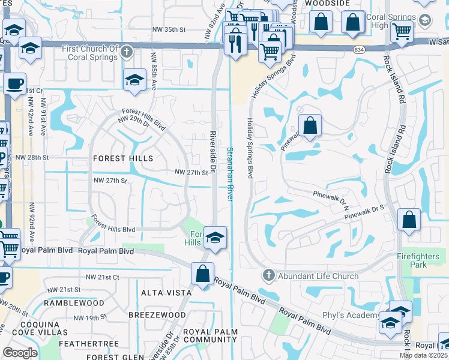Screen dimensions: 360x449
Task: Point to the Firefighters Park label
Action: pos(418,260)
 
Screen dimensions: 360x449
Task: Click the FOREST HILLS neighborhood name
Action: pos(123,158)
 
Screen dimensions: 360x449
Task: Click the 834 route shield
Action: pos(359,49)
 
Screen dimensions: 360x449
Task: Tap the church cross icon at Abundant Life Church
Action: pos(268,276)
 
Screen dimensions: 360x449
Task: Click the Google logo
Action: pos(20,353)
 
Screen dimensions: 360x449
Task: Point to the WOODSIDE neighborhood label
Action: pos(327,3)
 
